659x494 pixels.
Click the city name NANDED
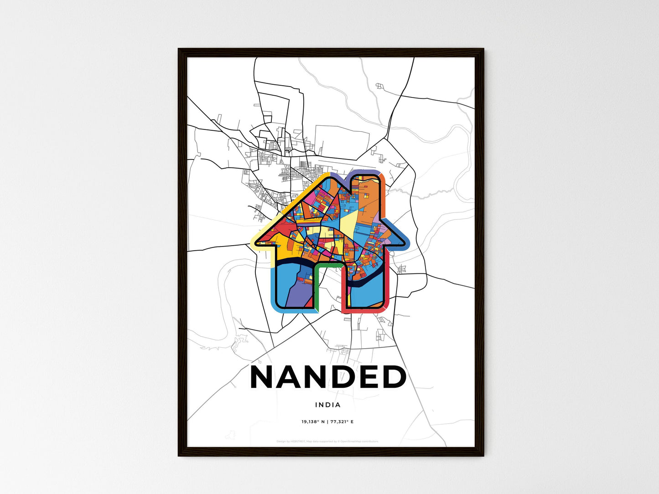pyautogui.click(x=328, y=377)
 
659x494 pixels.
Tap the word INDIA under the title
pyautogui.click(x=327, y=405)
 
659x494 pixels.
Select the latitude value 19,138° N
pyautogui.click(x=312, y=422)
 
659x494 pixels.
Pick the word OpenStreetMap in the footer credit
pyautogui.click(x=351, y=441)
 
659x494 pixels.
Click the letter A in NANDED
pyautogui.click(x=294, y=377)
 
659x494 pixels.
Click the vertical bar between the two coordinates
pyautogui.click(x=327, y=422)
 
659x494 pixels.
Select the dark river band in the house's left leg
pyautogui.click(x=292, y=262)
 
